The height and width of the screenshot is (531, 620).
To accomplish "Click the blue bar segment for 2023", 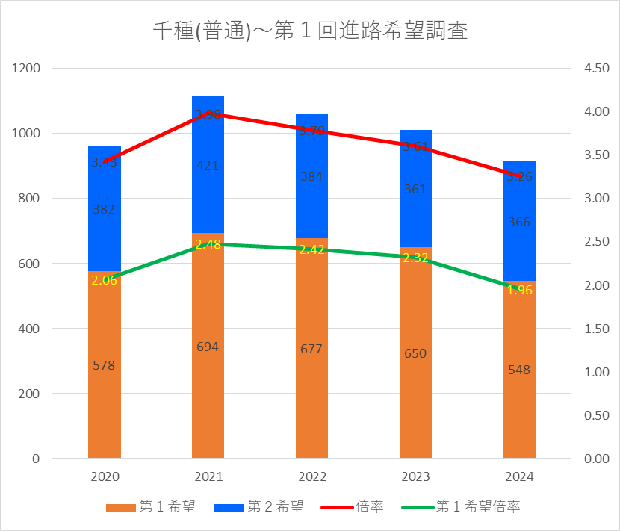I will (x=415, y=217).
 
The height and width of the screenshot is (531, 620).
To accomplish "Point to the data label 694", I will (x=208, y=347).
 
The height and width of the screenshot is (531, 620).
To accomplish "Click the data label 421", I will (x=208, y=165).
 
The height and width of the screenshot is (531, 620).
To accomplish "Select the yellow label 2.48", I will (x=208, y=244).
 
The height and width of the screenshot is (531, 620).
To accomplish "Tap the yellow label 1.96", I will (x=519, y=290).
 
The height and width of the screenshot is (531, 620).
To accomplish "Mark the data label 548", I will (x=519, y=370).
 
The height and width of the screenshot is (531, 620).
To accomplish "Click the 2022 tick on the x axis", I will (x=311, y=476).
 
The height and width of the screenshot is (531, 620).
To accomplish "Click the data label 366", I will (x=519, y=222).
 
